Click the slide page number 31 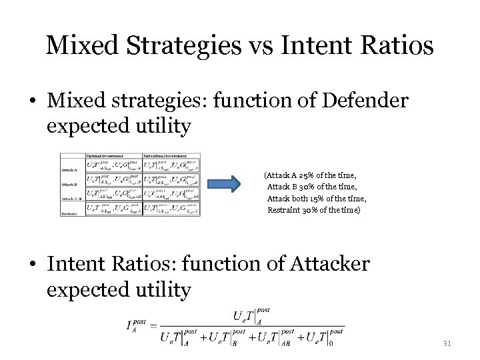[447, 344]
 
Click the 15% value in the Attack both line [327, 199]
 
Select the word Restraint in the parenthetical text [286, 210]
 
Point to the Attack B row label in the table [70, 184]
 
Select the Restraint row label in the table [69, 213]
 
